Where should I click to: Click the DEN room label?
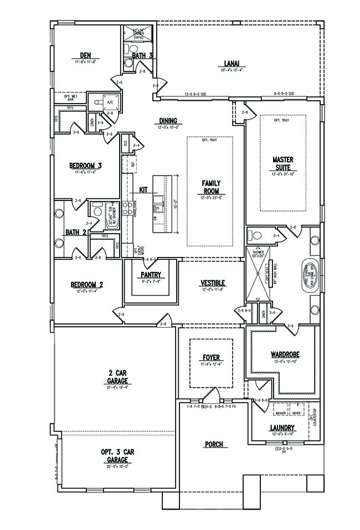(85, 55)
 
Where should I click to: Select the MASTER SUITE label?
(282, 163)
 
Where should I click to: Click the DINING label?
(168, 120)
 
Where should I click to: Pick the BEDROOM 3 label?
(85, 165)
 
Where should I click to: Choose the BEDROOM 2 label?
(87, 285)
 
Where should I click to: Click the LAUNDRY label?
(282, 428)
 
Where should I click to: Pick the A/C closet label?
(109, 102)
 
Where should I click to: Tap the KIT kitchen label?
(143, 189)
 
